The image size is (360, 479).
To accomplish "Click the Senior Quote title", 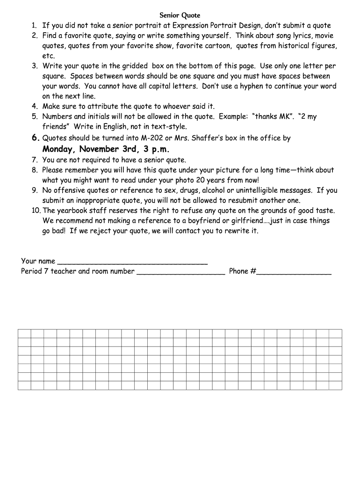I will [x=180, y=16].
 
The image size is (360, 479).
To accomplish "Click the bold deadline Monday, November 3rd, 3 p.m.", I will [x=106, y=149].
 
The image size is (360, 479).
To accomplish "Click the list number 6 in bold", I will [x=35, y=138].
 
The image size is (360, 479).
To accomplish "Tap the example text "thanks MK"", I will [x=274, y=116].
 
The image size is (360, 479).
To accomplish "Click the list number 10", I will [x=36, y=210].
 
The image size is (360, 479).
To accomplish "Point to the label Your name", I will [x=38, y=261].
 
